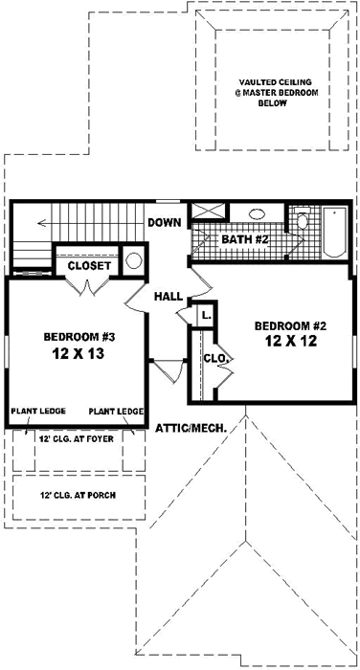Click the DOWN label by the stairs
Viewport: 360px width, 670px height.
(164, 223)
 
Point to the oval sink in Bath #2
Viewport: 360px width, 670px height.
(258, 215)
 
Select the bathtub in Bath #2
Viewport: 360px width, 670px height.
(332, 232)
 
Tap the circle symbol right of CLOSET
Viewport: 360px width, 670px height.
(134, 260)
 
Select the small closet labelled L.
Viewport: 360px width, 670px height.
(205, 313)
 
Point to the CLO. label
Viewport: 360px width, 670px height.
(214, 359)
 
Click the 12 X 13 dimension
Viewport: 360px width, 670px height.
(74, 353)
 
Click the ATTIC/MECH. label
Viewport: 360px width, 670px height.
(190, 428)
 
